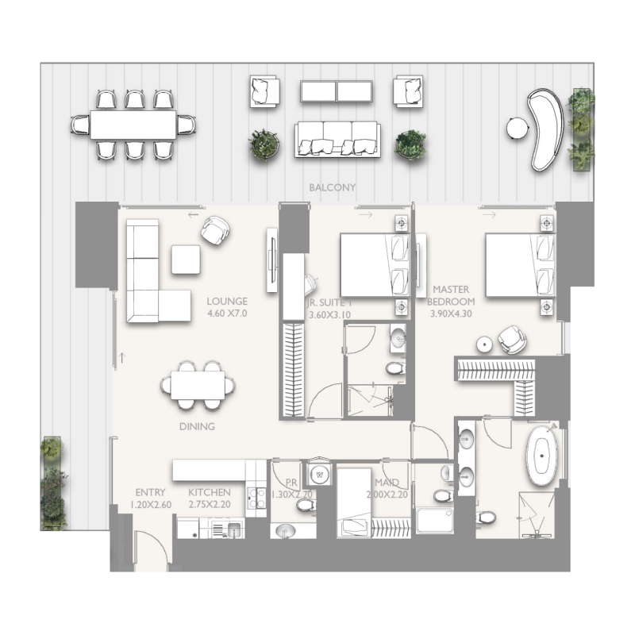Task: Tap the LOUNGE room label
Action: (x=227, y=302)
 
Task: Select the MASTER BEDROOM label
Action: (x=451, y=296)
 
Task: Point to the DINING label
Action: (x=197, y=426)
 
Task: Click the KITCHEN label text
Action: (x=210, y=493)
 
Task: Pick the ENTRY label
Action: (x=150, y=493)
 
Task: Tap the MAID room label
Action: (x=387, y=483)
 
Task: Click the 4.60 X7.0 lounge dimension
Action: (x=227, y=314)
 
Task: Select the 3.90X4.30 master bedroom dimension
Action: (x=451, y=314)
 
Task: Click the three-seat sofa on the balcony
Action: (x=335, y=140)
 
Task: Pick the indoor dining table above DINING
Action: (x=198, y=385)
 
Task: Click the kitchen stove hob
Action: (x=256, y=498)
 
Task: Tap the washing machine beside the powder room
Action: (x=321, y=474)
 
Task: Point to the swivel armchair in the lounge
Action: (x=215, y=230)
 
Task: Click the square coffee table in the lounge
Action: (x=186, y=260)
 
